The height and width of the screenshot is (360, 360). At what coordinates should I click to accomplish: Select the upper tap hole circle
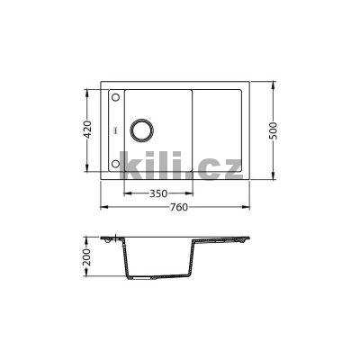point(115,94)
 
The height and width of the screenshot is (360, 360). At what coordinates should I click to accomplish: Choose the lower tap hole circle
point(115,164)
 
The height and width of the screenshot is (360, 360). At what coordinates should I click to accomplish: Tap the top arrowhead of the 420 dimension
point(88,92)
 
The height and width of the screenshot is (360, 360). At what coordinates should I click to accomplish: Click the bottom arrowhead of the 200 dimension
point(86,282)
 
